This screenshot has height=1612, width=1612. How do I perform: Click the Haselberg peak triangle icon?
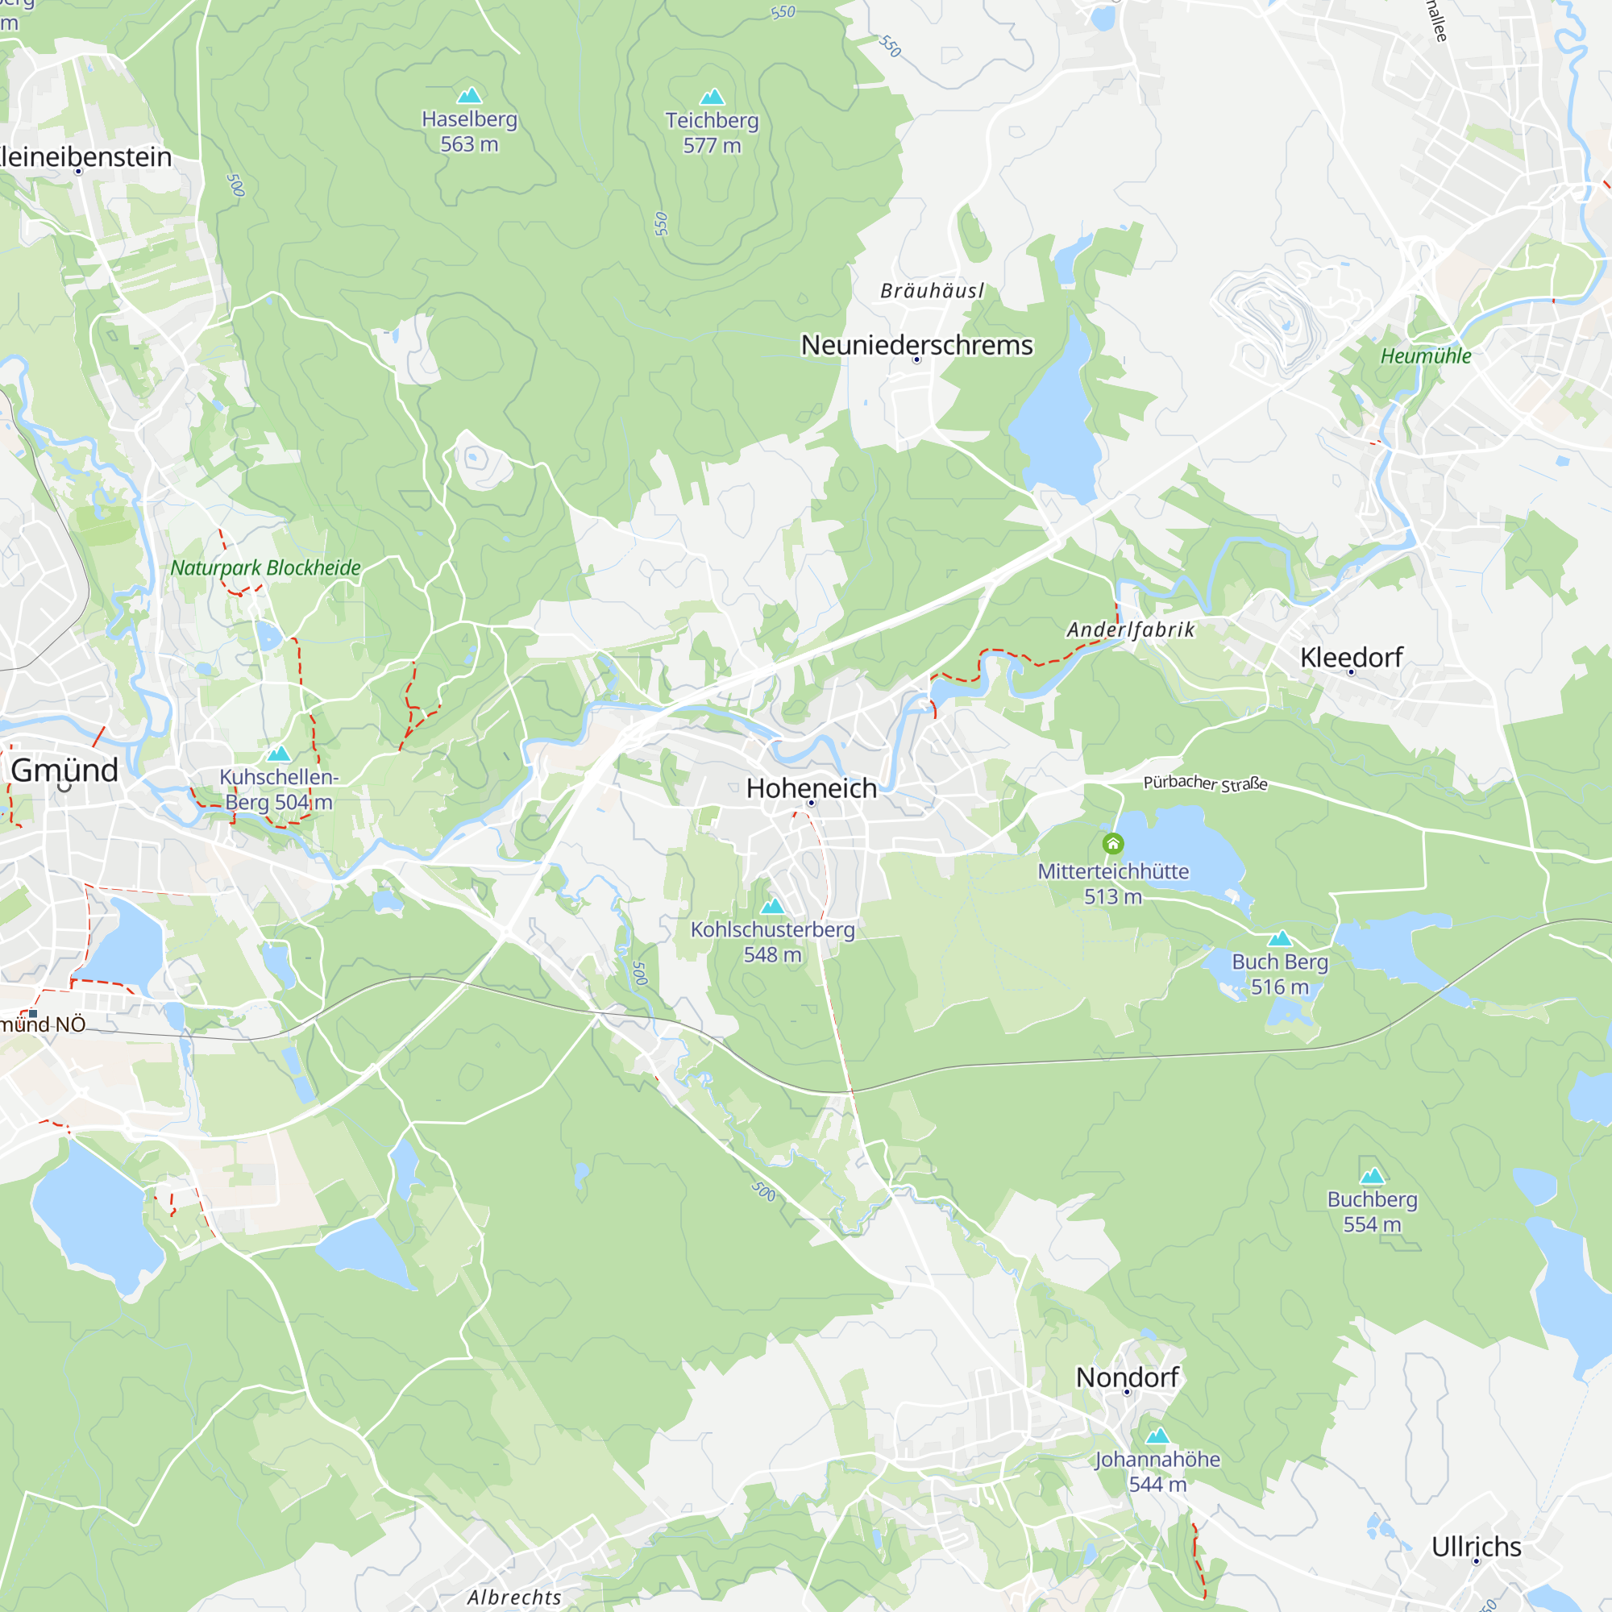[470, 95]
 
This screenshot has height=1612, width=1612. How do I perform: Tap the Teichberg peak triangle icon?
[712, 97]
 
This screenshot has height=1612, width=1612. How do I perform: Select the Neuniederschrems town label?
[916, 345]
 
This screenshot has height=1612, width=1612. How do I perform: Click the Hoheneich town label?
[811, 787]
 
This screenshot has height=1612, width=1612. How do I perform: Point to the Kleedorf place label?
[1351, 657]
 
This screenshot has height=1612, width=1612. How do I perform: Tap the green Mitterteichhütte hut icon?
[1113, 844]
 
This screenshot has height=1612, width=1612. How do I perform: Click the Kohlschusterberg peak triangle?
[773, 906]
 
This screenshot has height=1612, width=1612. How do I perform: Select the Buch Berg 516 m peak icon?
[1280, 939]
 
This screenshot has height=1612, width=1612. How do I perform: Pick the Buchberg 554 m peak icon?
[1373, 1177]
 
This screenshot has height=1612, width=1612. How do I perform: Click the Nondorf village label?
[1127, 1377]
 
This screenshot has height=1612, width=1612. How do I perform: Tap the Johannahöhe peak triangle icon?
[1157, 1436]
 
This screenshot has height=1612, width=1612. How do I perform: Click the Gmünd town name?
[64, 769]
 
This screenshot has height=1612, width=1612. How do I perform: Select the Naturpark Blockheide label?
[265, 567]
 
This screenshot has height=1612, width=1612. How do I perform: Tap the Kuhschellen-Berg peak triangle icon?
[279, 754]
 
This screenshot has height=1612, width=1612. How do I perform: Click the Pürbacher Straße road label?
[1205, 783]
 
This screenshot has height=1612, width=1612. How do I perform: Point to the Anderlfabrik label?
[1131, 630]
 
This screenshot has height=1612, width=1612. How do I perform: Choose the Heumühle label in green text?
[1425, 355]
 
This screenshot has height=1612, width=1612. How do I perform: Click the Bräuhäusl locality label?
[932, 290]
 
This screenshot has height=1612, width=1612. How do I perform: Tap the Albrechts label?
[514, 1596]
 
